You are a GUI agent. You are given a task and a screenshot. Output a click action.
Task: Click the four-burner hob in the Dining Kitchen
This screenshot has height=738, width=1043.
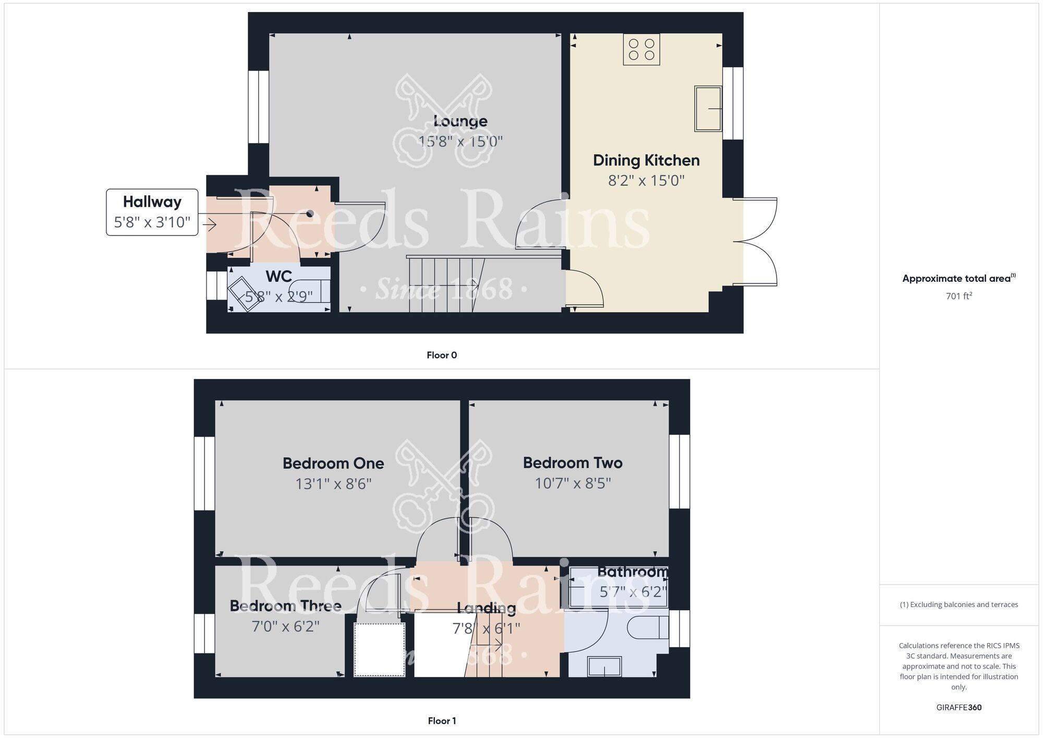(641, 50)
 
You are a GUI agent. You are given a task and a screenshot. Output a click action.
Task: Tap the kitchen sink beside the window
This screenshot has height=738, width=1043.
(708, 109)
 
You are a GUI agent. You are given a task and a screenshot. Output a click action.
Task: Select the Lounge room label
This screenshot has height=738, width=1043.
(460, 121)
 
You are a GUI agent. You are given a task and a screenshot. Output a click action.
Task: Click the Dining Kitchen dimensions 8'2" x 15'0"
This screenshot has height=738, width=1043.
(646, 181)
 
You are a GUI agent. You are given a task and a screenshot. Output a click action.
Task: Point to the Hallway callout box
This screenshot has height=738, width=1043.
(152, 212)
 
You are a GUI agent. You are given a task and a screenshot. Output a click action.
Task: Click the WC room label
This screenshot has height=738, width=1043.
(278, 276)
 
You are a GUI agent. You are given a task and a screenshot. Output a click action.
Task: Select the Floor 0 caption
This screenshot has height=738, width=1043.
(442, 355)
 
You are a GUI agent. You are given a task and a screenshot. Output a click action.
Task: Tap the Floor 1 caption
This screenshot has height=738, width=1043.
(442, 721)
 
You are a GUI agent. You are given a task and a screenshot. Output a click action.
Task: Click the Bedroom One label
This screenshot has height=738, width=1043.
(333, 463)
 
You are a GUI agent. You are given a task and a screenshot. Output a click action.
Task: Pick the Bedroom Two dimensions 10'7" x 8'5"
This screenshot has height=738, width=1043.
(573, 483)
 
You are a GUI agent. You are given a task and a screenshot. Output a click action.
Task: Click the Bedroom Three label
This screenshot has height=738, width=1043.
(285, 606)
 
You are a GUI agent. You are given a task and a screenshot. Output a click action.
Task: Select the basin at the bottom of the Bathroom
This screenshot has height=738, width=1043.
(604, 666)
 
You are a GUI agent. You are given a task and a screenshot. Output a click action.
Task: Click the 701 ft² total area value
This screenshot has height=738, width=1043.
(959, 296)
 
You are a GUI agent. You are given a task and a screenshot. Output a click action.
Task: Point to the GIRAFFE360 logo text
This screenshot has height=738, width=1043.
(959, 708)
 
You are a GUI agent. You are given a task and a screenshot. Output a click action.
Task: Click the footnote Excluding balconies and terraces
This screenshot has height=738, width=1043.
(959, 605)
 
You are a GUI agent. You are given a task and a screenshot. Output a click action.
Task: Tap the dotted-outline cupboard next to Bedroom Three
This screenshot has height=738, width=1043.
(380, 650)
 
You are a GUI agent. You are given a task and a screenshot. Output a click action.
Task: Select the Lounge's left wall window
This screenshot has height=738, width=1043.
(258, 107)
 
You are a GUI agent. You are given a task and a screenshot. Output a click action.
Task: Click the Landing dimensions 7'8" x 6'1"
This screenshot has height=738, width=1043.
(486, 628)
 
